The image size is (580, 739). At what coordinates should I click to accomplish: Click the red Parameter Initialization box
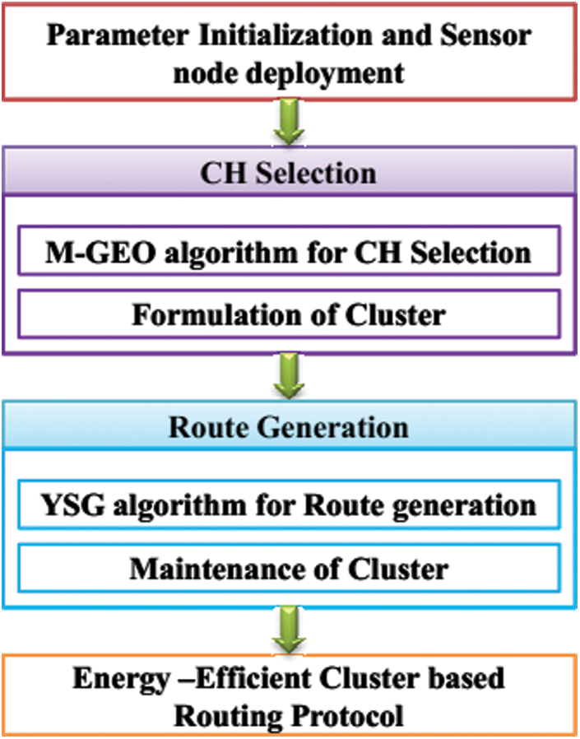pos(290,54)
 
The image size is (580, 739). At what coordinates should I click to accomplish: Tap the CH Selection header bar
pos(290,174)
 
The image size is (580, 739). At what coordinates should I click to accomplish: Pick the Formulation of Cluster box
pos(290,314)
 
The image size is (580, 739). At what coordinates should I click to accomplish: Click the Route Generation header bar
pos(290,428)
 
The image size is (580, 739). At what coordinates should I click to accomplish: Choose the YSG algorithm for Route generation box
pos(290,504)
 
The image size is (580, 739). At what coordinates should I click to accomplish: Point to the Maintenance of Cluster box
pos(290,568)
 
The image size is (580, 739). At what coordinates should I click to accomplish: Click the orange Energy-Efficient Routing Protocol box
pos(290,695)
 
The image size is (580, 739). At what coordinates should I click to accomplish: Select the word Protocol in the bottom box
pos(346,714)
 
